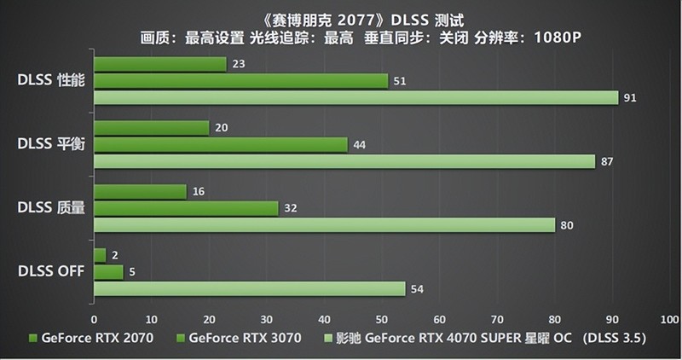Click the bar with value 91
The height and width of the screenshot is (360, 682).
pos(355,98)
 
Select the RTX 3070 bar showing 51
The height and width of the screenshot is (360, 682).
pos(240,81)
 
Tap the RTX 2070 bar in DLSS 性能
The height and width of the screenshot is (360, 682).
pos(159,64)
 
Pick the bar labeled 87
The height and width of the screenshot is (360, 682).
pos(344,162)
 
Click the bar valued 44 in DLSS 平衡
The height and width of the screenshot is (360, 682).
pos(220,145)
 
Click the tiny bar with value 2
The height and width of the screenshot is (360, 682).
pos(99,256)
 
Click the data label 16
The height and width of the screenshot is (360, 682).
pos(199,192)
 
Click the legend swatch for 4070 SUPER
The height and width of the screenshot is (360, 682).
pos(328,338)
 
